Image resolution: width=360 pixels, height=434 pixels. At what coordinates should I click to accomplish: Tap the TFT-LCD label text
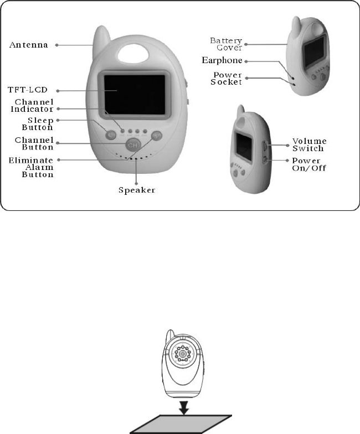point(30,90)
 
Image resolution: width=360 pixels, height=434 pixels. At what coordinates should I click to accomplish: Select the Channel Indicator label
point(34,106)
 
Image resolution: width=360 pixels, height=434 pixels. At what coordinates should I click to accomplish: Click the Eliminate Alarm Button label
point(34,167)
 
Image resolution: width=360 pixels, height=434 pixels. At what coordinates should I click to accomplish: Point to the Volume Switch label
point(310,145)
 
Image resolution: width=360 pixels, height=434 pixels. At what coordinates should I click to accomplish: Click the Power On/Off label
point(310,164)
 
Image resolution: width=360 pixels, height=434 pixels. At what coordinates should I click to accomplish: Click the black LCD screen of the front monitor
point(133,95)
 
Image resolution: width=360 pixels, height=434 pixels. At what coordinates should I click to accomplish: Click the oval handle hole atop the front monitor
point(131,54)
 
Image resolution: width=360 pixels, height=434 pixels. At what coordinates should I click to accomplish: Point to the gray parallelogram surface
point(181,423)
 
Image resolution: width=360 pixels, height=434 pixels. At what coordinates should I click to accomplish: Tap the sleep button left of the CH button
point(111,133)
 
